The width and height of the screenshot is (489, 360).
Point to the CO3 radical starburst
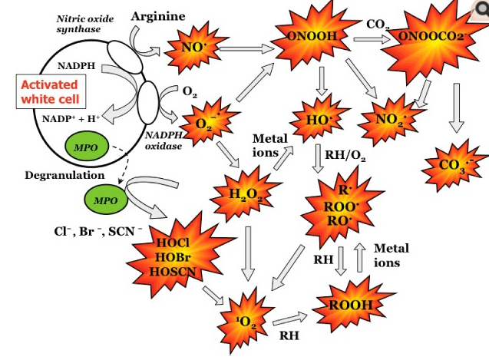[452, 163]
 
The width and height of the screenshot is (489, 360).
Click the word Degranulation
[64, 174]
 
